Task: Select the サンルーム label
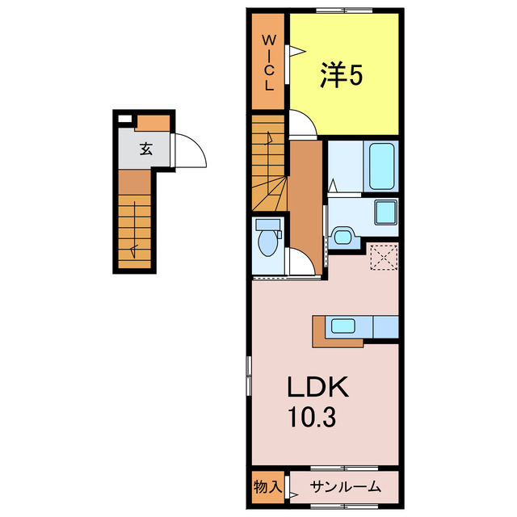coord(343,488)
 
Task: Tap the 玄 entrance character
coord(145,149)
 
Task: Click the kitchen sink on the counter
coord(343,326)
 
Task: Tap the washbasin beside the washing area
coord(343,237)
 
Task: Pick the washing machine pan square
coord(385,213)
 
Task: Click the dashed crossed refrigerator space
coord(384,258)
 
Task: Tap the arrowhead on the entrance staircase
coord(135,247)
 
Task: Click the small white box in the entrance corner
coord(124,120)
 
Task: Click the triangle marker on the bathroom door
coord(334,185)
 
